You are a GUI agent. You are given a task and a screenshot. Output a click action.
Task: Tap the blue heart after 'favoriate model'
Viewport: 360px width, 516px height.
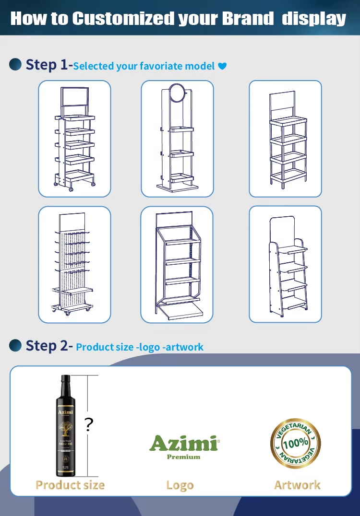click(222, 66)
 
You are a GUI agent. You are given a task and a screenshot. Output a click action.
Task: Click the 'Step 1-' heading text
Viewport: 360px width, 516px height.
click(48, 65)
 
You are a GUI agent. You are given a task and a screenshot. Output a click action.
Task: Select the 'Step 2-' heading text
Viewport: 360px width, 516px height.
click(48, 345)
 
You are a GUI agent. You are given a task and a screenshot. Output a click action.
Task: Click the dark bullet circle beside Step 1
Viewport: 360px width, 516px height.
click(15, 64)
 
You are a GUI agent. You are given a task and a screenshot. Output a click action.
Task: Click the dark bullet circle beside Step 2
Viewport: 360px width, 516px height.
click(15, 345)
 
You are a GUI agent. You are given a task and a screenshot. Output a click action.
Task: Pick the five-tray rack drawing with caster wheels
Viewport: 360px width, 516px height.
click(74, 138)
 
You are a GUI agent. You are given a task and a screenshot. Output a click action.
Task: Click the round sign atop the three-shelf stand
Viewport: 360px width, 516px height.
click(177, 91)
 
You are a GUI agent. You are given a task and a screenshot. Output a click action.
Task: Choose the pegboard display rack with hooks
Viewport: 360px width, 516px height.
click(74, 264)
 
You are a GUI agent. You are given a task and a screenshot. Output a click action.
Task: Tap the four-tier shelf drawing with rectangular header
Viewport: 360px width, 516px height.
click(285, 138)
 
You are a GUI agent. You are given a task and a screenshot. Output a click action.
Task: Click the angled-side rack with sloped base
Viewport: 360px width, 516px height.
click(177, 264)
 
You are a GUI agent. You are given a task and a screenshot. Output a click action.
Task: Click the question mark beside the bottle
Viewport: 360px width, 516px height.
click(89, 425)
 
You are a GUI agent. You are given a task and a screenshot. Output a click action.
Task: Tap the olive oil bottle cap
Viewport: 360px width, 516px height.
click(65, 379)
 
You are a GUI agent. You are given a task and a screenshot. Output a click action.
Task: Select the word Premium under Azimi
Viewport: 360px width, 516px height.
click(183, 457)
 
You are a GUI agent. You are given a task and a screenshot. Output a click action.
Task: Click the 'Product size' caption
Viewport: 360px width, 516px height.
click(70, 485)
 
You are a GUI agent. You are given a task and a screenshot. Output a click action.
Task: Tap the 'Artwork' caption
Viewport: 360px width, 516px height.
click(297, 485)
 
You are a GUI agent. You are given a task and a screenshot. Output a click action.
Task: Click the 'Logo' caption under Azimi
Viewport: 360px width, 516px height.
click(180, 485)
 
